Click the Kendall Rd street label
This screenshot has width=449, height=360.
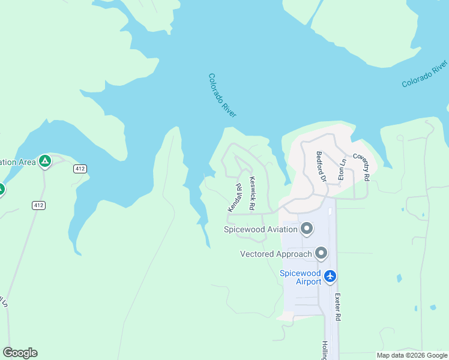click(x=234, y=197)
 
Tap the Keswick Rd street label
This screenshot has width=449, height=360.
click(x=253, y=193)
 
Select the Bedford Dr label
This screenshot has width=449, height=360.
click(x=321, y=166)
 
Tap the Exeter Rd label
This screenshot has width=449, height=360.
click(x=338, y=307)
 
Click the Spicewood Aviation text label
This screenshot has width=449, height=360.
click(x=261, y=229)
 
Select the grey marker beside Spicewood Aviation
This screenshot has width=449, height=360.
click(x=307, y=229)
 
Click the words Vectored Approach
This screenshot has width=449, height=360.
click(x=276, y=254)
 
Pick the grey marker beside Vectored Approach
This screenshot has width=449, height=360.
click(x=321, y=253)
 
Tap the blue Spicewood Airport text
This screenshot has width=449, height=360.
click(x=301, y=277)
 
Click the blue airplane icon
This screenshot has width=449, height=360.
click(x=330, y=277)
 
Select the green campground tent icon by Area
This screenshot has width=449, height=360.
click(x=44, y=161)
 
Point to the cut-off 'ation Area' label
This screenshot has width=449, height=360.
click(x=17, y=162)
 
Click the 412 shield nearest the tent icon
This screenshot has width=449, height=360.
click(x=80, y=169)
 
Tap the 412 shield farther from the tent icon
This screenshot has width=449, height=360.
click(x=38, y=205)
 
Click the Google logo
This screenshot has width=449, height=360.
click(x=20, y=353)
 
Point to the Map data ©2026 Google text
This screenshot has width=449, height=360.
click(x=412, y=355)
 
